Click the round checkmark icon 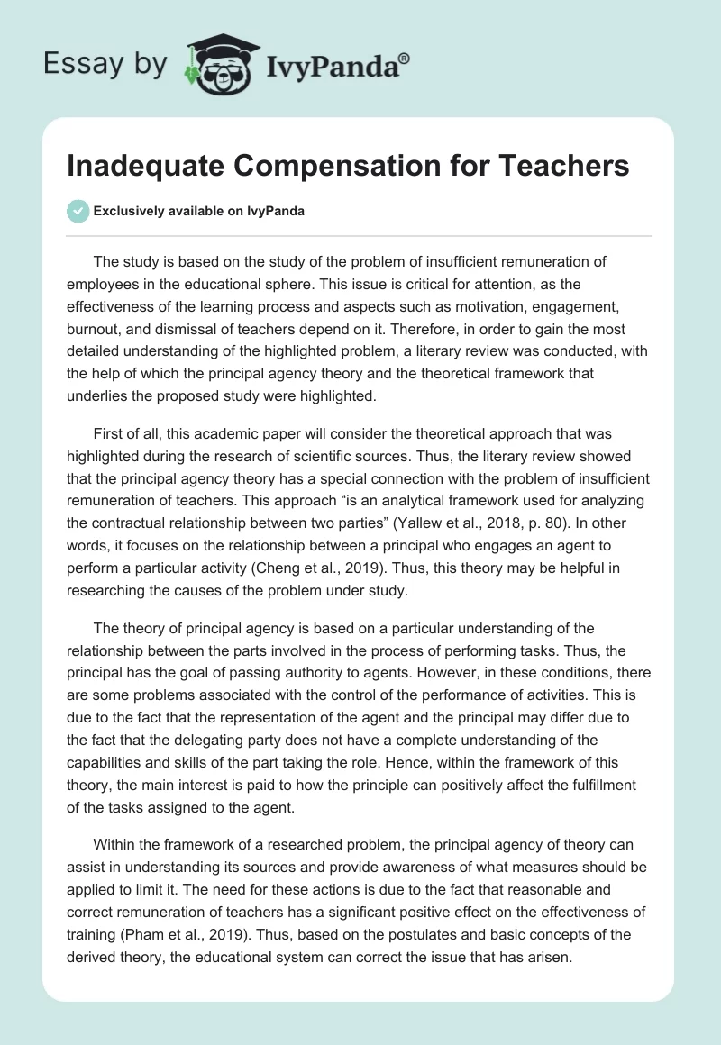point(78,212)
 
